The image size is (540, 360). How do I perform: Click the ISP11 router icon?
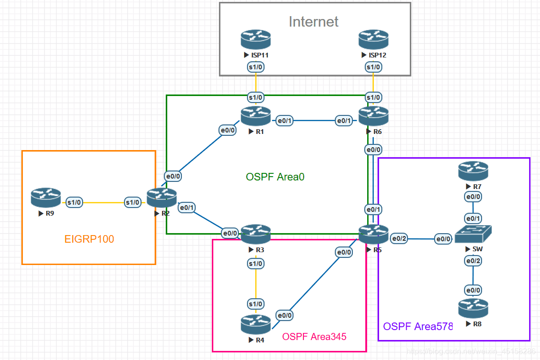coord(256,40)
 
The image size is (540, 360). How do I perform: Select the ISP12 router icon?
coord(373,40)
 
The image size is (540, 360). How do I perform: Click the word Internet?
coord(313,21)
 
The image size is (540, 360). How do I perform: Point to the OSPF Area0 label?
coord(275,177)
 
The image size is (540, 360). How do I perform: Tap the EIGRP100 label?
coord(89,239)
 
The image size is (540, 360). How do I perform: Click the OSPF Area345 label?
coord(314,337)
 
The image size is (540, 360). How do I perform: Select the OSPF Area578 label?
coord(418,326)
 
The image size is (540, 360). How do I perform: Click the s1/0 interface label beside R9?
coord(75,202)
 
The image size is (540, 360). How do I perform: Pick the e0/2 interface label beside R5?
coord(399,238)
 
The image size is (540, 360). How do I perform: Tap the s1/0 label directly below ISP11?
coord(256,67)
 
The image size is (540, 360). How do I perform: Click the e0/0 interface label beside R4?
coord(284,315)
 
